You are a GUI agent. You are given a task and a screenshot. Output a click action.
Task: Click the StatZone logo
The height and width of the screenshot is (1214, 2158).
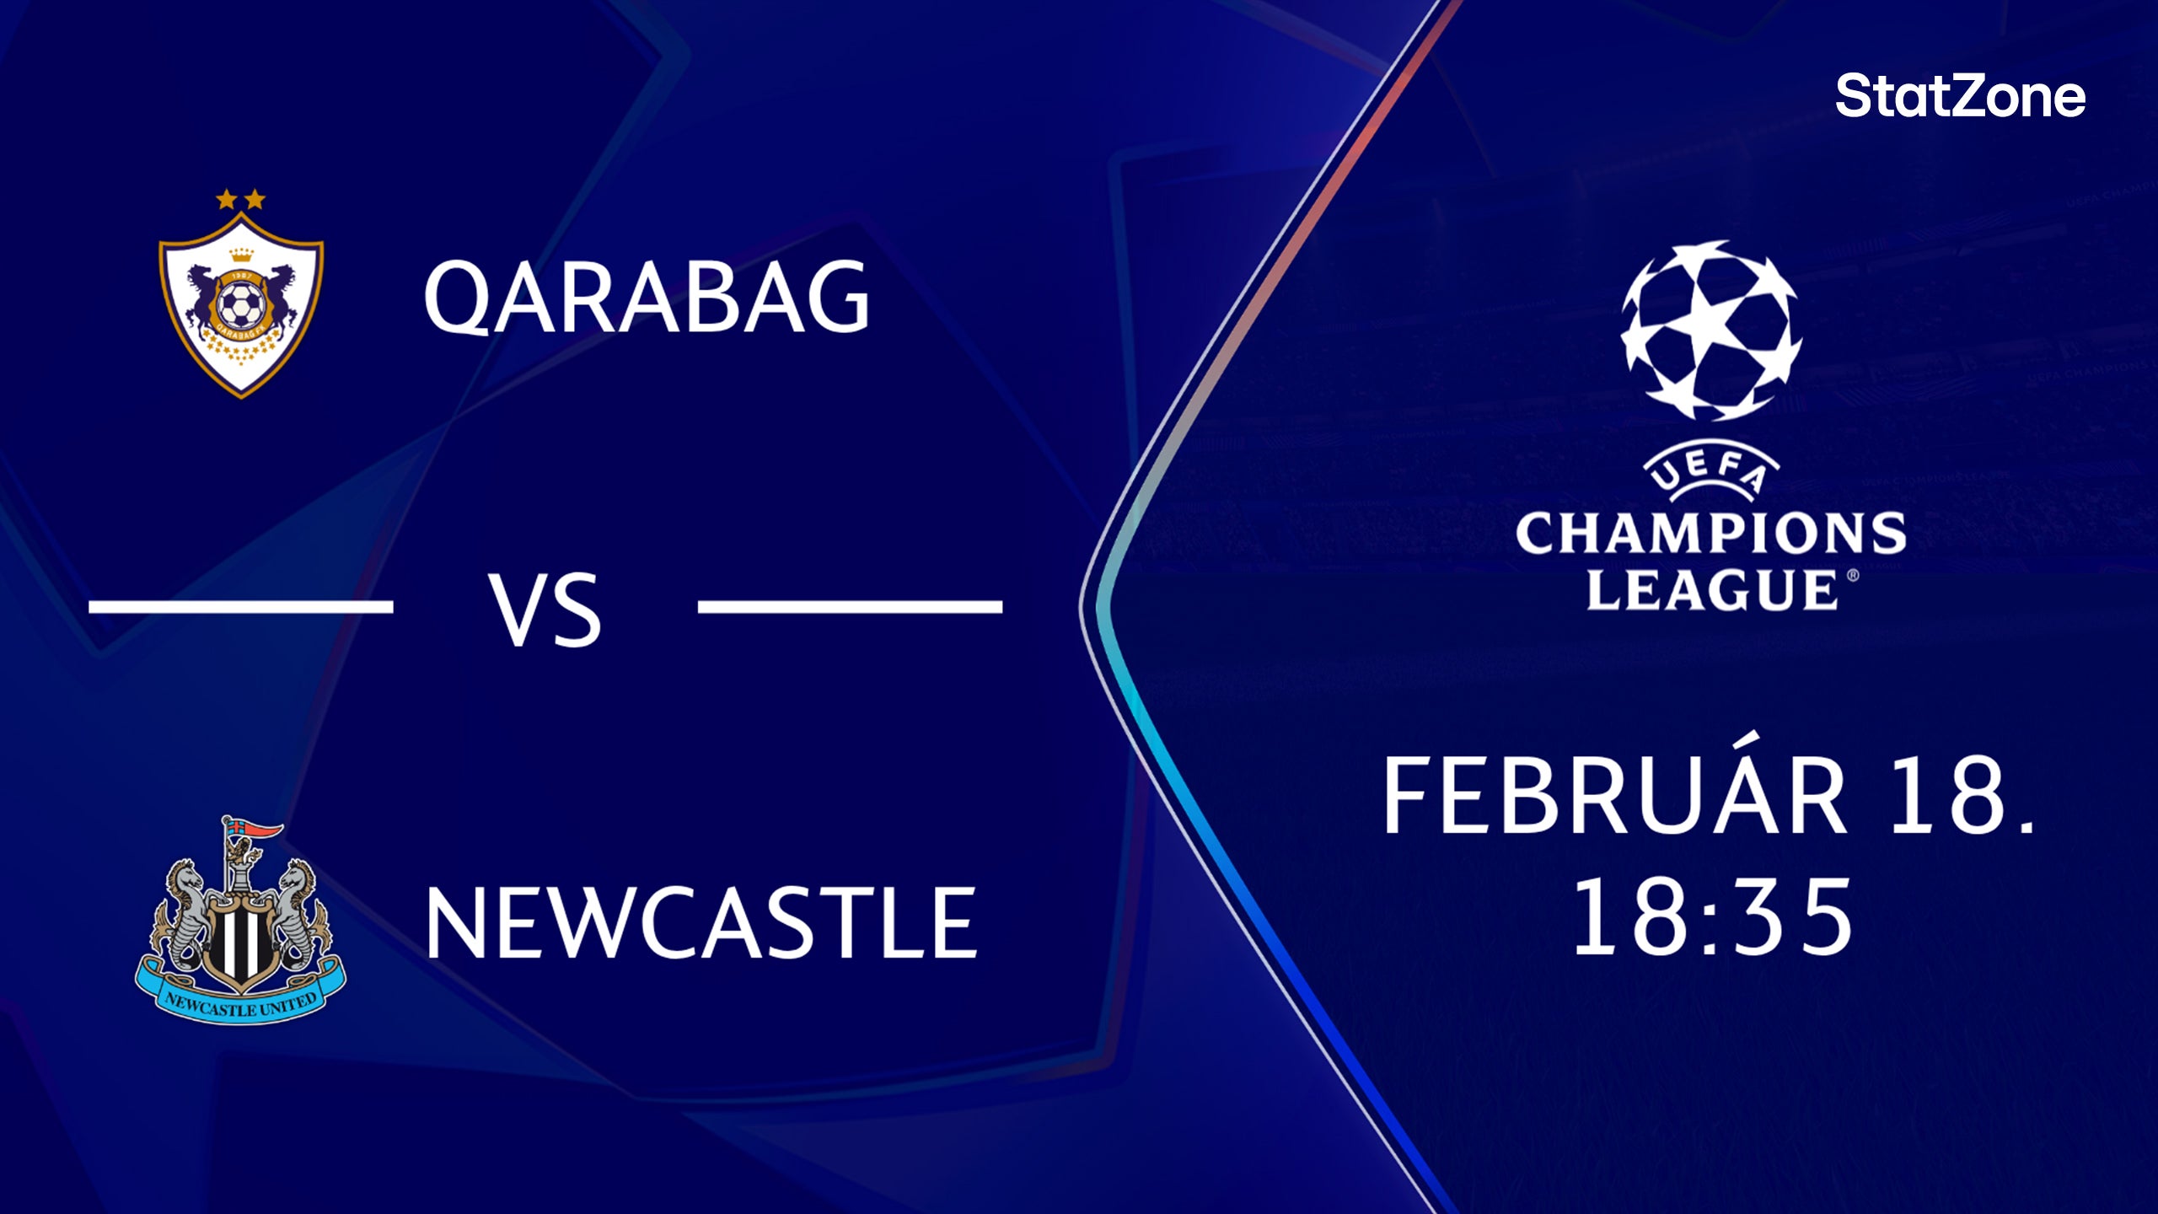tap(1960, 96)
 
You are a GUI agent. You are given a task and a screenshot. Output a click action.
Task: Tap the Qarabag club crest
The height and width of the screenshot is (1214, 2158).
tap(241, 303)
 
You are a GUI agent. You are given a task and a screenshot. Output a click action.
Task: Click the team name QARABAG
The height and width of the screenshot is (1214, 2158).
tap(647, 297)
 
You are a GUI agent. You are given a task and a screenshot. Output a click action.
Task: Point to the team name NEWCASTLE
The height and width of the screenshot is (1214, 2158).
tap(701, 923)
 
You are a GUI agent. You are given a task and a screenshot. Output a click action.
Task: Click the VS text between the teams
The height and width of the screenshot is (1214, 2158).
tap(546, 610)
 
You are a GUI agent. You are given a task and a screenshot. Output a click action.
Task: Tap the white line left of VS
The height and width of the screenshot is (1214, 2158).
tap(241, 606)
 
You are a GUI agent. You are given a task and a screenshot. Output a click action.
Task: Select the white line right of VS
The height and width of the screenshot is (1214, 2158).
tap(850, 606)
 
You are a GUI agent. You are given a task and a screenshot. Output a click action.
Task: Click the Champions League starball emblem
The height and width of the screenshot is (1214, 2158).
tap(1710, 330)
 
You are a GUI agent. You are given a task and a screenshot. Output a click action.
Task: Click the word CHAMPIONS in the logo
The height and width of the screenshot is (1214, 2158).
tap(1710, 534)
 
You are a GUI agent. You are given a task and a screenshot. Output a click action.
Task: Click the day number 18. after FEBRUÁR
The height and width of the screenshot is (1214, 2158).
tap(1962, 796)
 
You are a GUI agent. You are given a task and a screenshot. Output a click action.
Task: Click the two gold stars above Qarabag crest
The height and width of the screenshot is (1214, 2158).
tap(240, 200)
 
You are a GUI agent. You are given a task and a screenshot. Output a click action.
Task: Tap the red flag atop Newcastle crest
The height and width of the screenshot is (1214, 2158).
tap(262, 831)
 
